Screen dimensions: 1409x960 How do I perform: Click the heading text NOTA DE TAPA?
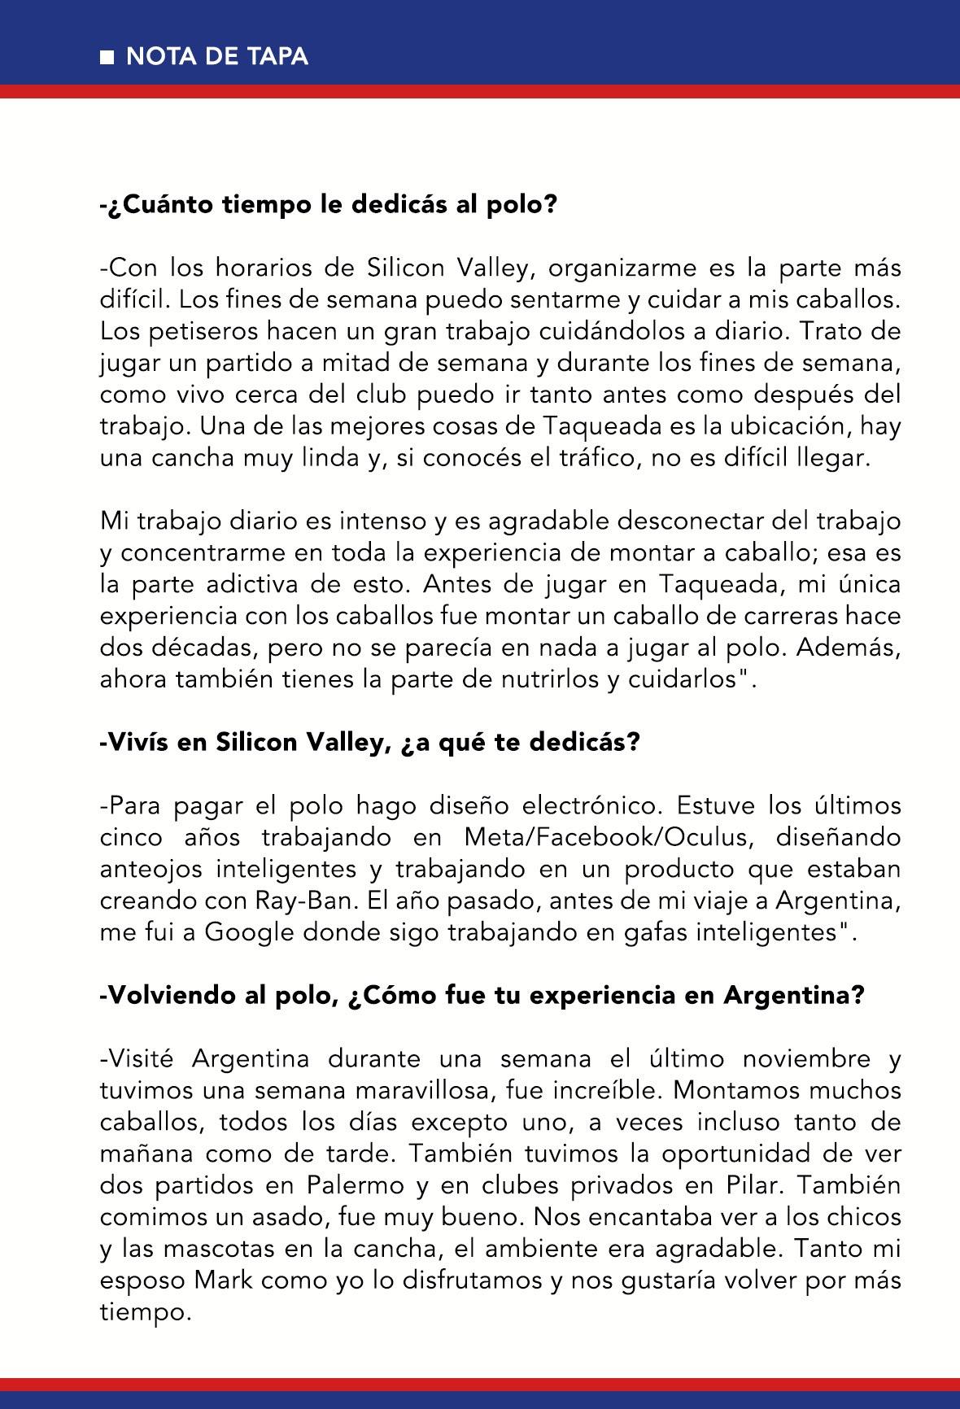click(x=217, y=56)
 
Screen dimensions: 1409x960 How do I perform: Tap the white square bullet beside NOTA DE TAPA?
click(x=107, y=57)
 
